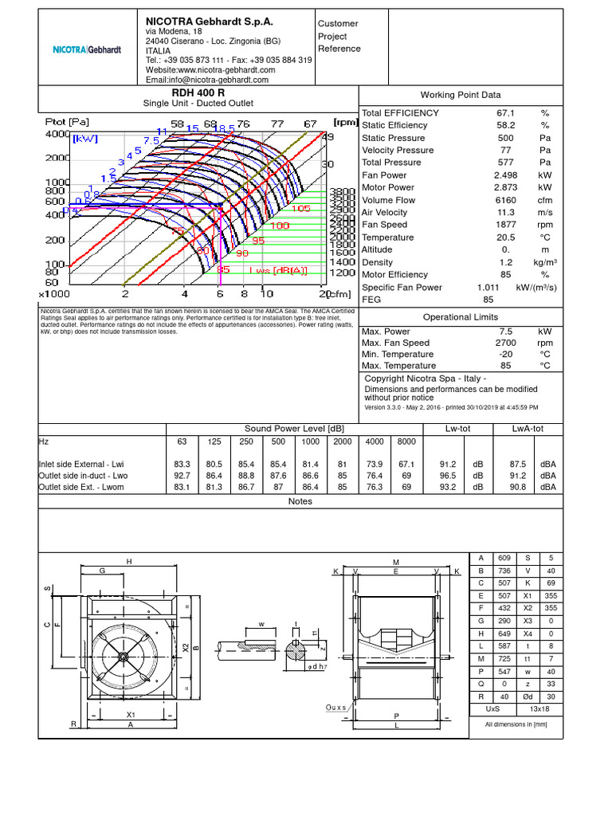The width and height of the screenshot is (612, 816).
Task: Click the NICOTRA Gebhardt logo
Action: tap(87, 49)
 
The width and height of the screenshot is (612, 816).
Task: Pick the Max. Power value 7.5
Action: tap(506, 331)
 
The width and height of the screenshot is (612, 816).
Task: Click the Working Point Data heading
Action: tap(466, 94)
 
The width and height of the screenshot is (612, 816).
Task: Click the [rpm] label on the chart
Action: tap(344, 123)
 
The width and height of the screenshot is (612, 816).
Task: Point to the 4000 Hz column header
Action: tap(374, 441)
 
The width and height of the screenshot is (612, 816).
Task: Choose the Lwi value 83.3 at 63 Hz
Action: tap(182, 463)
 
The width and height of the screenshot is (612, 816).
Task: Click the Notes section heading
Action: tap(300, 501)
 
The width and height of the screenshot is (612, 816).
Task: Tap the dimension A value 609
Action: tap(504, 558)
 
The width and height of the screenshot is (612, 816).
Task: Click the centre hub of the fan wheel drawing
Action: tap(122, 655)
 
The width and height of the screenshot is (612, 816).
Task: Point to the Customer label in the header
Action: tap(338, 24)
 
